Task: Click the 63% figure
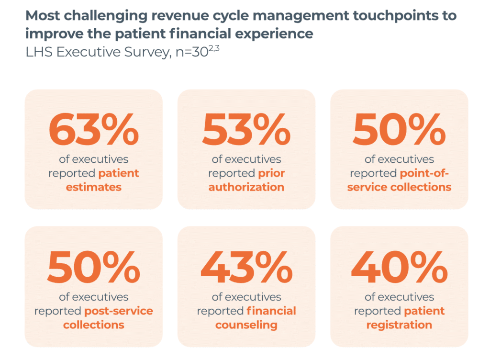point(93,130)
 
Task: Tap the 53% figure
point(246,130)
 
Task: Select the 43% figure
point(246,268)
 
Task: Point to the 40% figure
point(399,268)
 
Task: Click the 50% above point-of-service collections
point(399,130)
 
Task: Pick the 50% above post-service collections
point(93,268)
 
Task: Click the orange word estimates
point(94,187)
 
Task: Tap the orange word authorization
point(246,187)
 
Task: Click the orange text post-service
point(119,311)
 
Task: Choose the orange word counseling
point(246,325)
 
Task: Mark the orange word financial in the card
point(271,311)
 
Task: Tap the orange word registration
point(399,325)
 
